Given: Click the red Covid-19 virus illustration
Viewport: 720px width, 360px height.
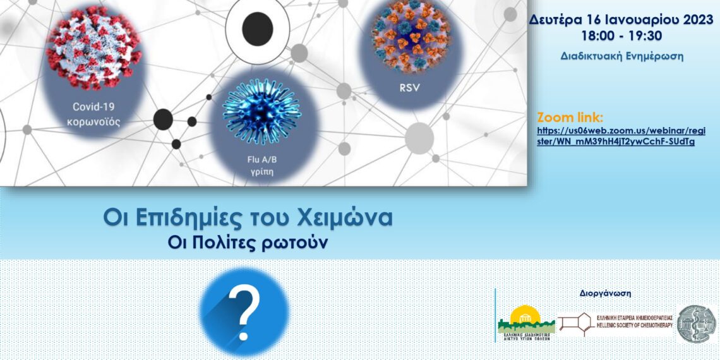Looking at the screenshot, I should click(93, 48).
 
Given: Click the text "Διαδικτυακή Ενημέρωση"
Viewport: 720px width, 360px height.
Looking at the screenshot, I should click(621, 56).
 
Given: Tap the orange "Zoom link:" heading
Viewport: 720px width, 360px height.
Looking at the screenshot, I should click(570, 117).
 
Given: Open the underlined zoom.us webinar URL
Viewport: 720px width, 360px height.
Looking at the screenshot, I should click(621, 136).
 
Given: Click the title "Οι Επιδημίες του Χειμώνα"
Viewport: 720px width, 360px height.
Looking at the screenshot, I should click(248, 218).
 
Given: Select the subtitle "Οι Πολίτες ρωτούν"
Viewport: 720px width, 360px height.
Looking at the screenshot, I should click(248, 243).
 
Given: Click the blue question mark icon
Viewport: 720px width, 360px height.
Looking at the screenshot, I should click(245, 311).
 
